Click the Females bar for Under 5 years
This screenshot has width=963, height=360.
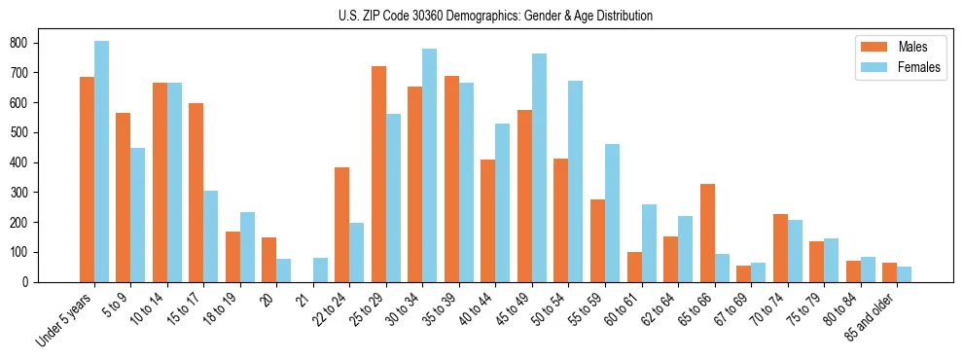pos(101,162)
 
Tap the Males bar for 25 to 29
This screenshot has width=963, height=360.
pos(378,174)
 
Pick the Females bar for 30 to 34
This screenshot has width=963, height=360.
pos(430,165)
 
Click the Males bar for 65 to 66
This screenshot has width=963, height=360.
pos(707,233)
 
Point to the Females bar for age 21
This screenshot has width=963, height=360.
pos(320,270)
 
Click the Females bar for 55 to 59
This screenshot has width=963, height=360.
pos(612,213)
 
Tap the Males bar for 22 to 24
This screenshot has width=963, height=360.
pos(342,225)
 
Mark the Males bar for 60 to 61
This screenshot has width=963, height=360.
pos(634,267)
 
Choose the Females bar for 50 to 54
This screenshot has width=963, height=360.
pos(576,181)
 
